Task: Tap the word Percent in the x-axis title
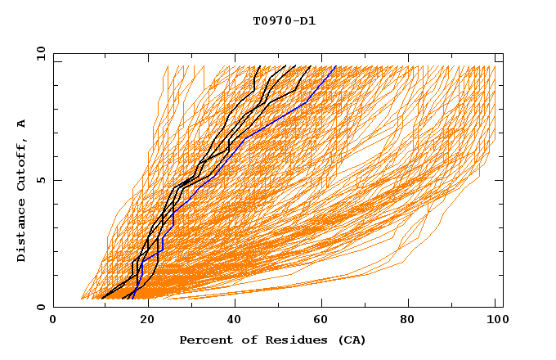pyautogui.click(x=202, y=340)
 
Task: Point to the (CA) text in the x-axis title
pyautogui.click(x=348, y=340)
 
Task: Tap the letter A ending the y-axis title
pyautogui.click(x=21, y=124)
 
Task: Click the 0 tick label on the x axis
pyautogui.click(x=53, y=320)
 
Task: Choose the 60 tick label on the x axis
pyautogui.click(x=325, y=320)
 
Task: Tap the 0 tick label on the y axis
pyautogui.click(x=41, y=307)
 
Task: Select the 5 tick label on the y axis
pyautogui.click(x=41, y=180)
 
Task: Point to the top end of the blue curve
pyautogui.click(x=336, y=66)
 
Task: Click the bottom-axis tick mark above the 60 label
pyautogui.click(x=325, y=304)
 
